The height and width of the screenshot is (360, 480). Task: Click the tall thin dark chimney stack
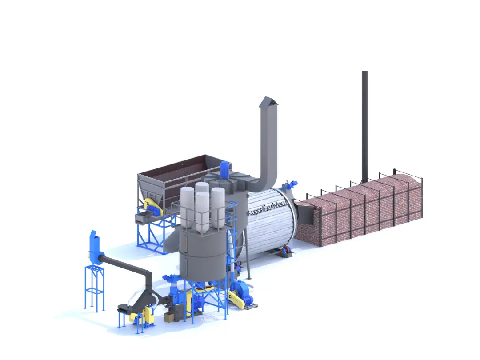pyautogui.click(x=364, y=125)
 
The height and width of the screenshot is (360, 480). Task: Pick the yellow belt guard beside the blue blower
pyautogui.click(x=236, y=299)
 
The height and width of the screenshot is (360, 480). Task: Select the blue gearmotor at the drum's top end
pyautogui.click(x=292, y=184)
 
